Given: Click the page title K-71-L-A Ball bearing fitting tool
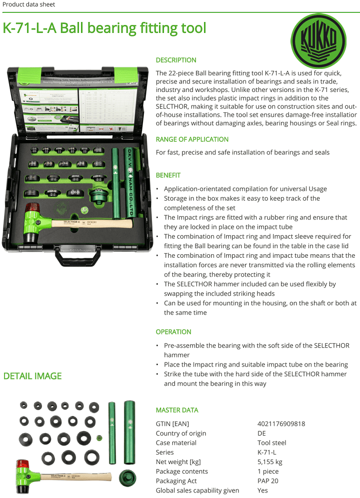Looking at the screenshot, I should [104, 28].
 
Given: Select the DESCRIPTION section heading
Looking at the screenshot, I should [176, 60].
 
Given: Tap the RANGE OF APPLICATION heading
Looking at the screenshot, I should [192, 139].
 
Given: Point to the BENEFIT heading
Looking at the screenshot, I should [168, 175].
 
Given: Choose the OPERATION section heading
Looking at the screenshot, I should [173, 332].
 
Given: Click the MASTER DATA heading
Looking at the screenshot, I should [177, 410].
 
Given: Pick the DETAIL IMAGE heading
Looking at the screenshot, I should [32, 376].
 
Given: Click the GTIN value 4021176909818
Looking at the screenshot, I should [281, 424].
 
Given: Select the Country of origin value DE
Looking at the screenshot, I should [261, 433].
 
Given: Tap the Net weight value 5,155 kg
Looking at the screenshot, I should [270, 462].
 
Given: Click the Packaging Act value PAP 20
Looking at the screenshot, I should [267, 481].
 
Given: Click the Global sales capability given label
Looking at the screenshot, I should [197, 491].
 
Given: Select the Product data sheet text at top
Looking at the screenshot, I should [28, 4].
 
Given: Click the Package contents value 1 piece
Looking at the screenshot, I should [269, 472].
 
